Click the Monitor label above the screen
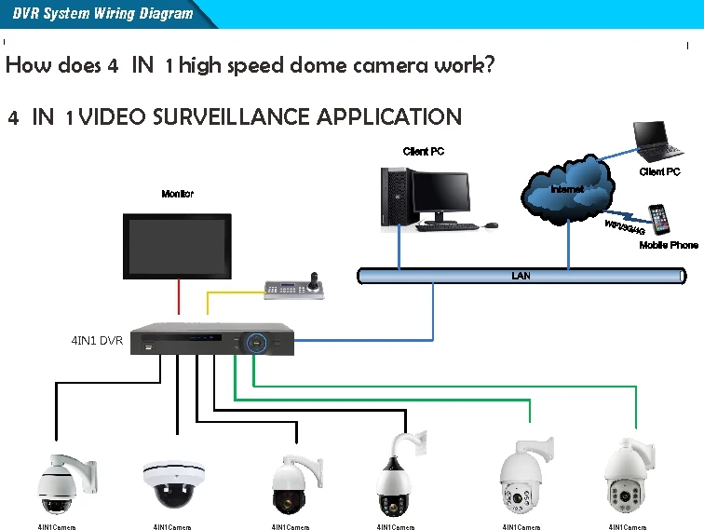tap(177, 194)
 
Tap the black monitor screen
tap(177, 246)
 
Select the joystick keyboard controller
tap(294, 286)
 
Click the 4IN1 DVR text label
tap(97, 341)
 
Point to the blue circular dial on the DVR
tap(256, 343)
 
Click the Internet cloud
tap(568, 190)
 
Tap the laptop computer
tap(657, 142)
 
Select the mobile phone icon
tap(658, 220)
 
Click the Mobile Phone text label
tap(669, 245)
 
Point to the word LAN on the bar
tap(521, 276)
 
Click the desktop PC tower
tap(394, 197)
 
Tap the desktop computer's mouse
tap(491, 224)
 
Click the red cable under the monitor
tap(179, 296)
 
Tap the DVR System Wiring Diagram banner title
tap(102, 13)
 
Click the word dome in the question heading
tap(318, 65)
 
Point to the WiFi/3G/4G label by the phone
tap(625, 227)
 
